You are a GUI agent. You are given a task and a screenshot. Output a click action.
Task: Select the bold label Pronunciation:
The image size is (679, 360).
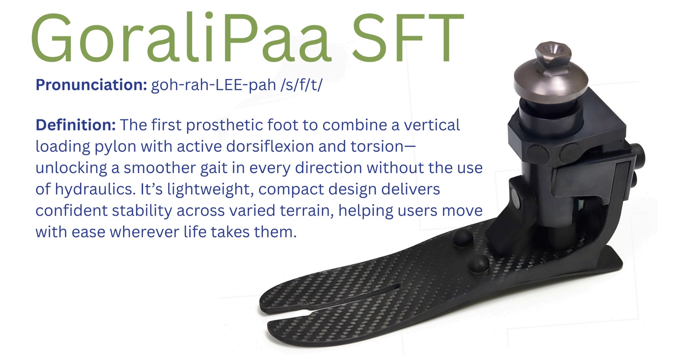(x=91, y=85)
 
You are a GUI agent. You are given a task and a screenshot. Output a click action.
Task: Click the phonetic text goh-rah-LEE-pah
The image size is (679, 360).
(x=213, y=85)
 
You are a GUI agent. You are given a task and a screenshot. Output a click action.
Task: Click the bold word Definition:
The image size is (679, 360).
(x=76, y=125)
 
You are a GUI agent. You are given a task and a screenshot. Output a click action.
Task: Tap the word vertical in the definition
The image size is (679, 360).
(x=432, y=125)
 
